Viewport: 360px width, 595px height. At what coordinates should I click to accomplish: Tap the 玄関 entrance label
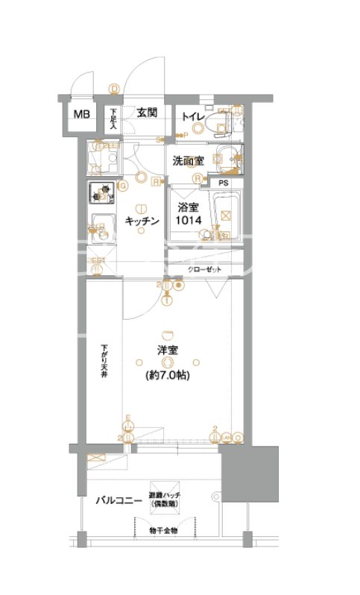(x=146, y=113)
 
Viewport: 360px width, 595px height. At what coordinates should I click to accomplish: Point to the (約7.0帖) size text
(x=167, y=377)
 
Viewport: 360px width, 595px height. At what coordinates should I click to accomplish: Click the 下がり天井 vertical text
(x=105, y=361)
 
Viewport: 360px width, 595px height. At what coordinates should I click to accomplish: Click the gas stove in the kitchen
(x=102, y=193)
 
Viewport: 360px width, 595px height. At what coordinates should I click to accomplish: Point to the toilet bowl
(x=221, y=127)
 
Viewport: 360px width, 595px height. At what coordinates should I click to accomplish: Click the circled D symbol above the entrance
(x=114, y=89)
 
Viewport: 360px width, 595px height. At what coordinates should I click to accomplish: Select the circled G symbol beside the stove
(x=124, y=186)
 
